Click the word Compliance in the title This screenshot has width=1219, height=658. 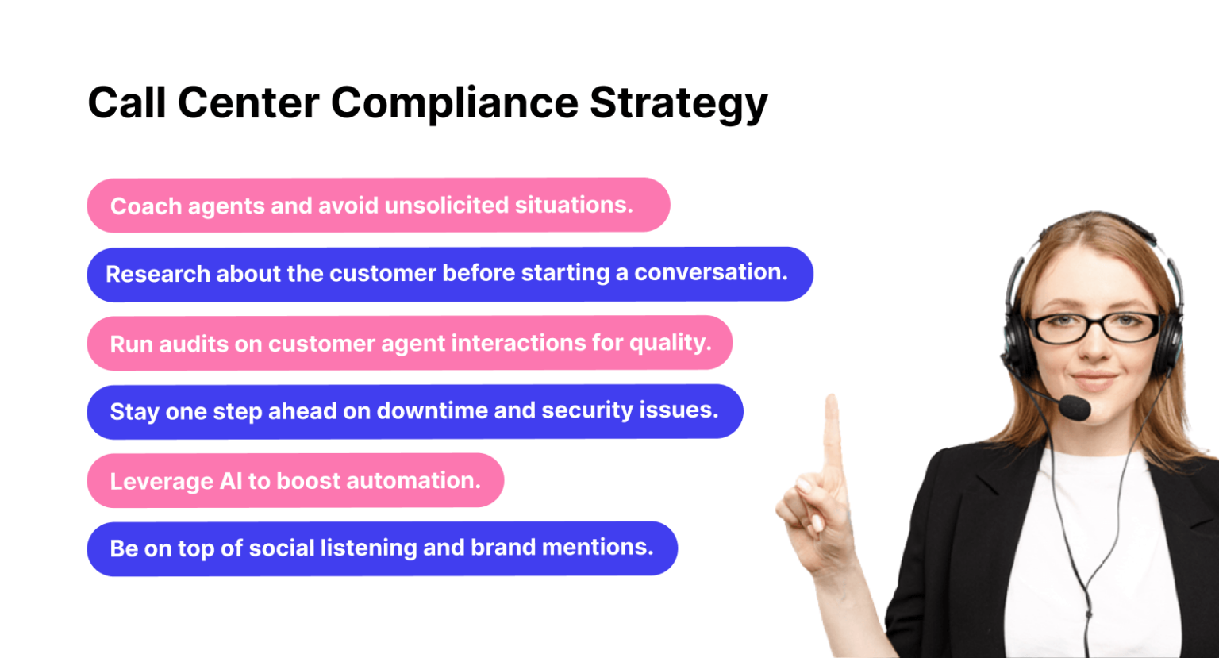(x=454, y=103)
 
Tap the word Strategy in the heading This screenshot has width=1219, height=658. (x=679, y=103)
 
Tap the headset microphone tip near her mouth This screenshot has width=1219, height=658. (x=1075, y=408)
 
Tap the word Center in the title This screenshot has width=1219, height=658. (x=248, y=103)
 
